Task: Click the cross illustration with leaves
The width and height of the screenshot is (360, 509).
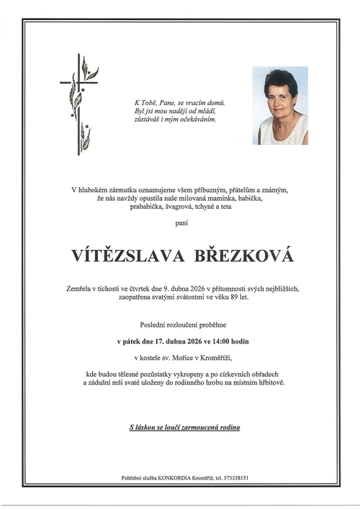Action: tap(78, 104)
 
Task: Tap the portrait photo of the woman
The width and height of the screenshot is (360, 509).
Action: tap(280, 106)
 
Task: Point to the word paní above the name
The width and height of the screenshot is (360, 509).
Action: tap(179, 224)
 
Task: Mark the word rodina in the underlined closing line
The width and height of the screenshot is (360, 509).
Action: tap(228, 427)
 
